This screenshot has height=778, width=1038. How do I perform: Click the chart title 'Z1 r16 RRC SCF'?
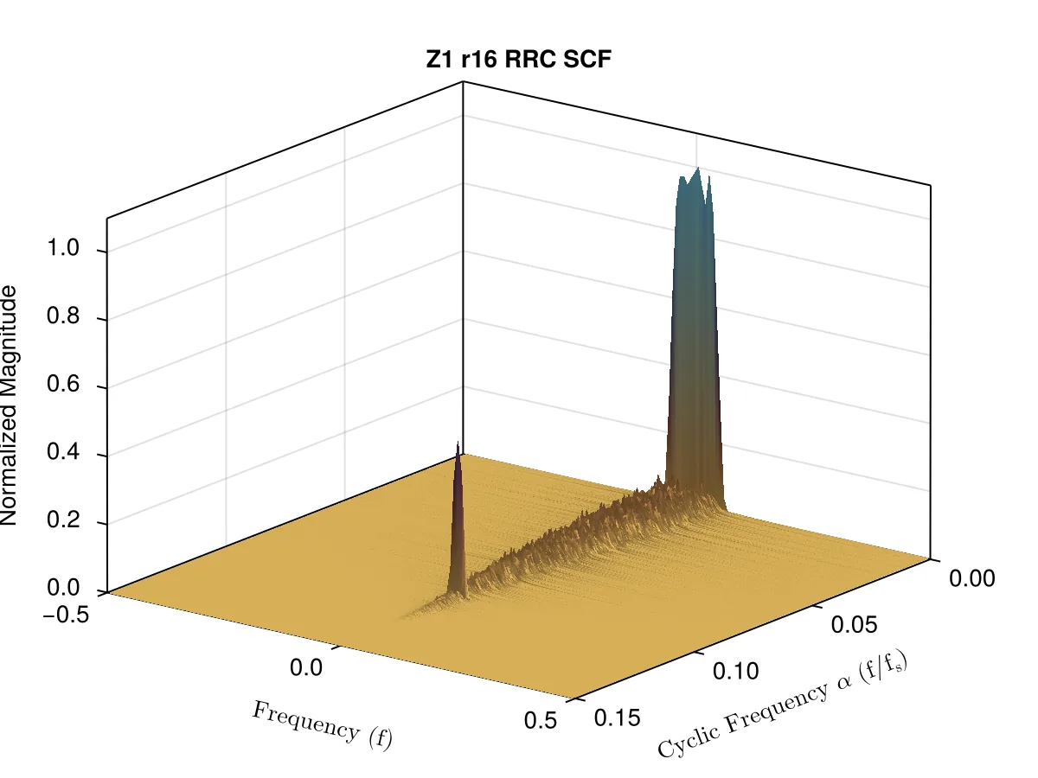point(518,60)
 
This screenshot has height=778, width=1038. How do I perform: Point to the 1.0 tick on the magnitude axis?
point(63,247)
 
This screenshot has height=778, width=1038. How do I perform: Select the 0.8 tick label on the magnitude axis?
point(63,315)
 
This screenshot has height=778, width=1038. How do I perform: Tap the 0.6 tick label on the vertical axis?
point(63,383)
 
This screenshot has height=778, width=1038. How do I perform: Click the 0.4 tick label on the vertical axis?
point(63,451)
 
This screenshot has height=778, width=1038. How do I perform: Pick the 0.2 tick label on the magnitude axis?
point(63,520)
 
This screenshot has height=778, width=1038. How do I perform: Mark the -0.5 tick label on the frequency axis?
point(66,615)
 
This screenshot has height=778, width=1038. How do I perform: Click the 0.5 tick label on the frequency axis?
point(541,720)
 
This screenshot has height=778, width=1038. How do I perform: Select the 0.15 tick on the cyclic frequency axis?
point(617,718)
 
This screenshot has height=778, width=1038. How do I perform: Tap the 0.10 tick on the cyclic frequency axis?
point(735,671)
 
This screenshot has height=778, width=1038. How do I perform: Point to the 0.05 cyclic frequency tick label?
point(854,624)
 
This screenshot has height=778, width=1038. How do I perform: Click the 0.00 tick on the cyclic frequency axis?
point(971,578)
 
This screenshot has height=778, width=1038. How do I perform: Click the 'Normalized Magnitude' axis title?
point(9,405)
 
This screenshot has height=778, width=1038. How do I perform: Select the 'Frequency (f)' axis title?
point(322,725)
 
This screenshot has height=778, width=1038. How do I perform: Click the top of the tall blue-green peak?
point(698,169)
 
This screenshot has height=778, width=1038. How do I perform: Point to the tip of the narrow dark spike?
point(458,442)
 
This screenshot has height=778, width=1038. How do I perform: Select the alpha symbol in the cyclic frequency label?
point(844,683)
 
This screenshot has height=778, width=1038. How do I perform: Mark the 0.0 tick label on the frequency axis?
point(306,667)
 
